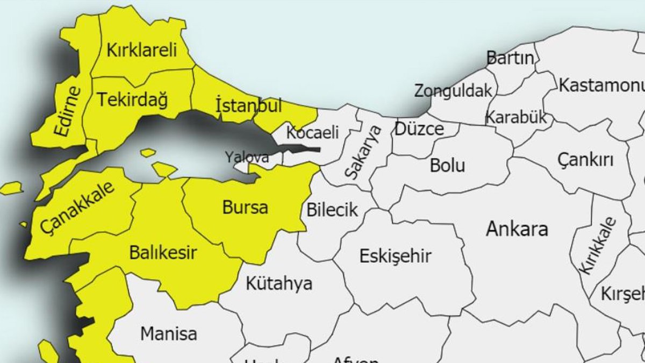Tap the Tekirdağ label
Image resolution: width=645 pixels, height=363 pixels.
tap(132, 100)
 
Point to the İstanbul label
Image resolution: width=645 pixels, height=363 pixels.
tap(248, 105)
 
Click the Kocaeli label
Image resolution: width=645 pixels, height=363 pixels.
tap(313, 132)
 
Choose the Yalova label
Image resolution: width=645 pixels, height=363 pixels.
tap(247, 158)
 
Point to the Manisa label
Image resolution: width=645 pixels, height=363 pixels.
tap(169, 334)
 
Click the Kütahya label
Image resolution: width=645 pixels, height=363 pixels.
tap(279, 283)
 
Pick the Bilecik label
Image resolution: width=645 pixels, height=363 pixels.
tap(332, 210)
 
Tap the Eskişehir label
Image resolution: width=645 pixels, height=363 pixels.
tap(396, 256)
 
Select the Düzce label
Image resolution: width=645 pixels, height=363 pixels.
tap(420, 129)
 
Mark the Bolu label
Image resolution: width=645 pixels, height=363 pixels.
tap(447, 166)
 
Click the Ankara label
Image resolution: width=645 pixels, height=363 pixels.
tap(517, 229)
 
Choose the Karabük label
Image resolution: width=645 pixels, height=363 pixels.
tap(516, 117)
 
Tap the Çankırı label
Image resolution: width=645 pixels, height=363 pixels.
tap(585, 160)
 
